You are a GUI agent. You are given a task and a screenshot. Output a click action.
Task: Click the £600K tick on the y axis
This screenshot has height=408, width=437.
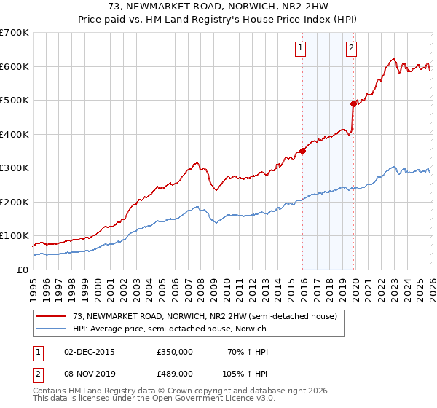[15, 66]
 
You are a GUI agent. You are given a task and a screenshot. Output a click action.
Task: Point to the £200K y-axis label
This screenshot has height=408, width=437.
[15, 202]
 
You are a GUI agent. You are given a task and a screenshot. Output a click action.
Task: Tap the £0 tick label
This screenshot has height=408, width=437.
[22, 270]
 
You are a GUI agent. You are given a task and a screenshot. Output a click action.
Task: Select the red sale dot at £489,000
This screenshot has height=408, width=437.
[353, 104]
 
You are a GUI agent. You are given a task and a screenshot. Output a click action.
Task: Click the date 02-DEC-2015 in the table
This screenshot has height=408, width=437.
[90, 352]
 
